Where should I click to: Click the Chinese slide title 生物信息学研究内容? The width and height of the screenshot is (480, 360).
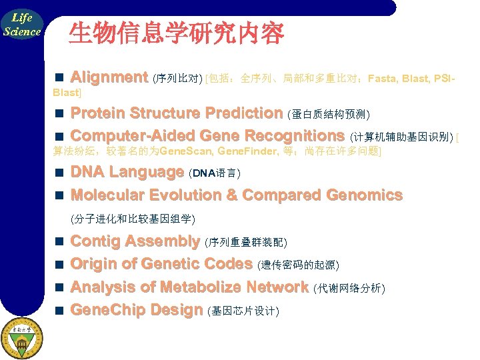(x=177, y=33)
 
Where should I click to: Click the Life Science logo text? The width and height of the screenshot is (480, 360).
(x=22, y=25)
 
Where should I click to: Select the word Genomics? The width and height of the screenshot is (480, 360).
(x=365, y=195)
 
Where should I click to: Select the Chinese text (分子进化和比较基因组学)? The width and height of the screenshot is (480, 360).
(x=133, y=219)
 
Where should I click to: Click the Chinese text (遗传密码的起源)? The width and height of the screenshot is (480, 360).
(x=299, y=265)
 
